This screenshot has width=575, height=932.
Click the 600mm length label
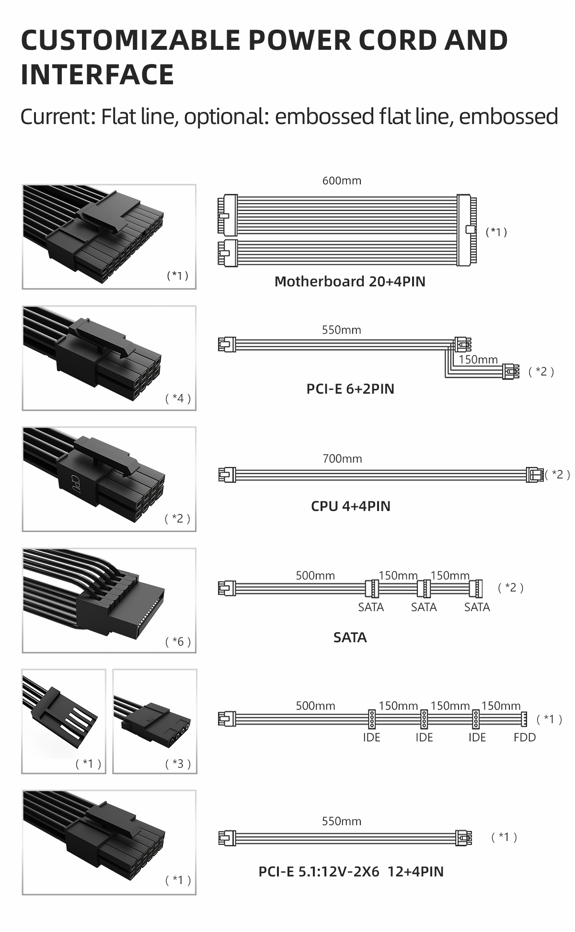pos(342,181)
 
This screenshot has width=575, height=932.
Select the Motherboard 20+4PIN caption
pos(350,281)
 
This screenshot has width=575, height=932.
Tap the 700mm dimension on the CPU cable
pos(342,459)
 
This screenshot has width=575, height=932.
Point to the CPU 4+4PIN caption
pos(351,506)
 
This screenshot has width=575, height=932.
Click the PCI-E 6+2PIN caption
pos(350,388)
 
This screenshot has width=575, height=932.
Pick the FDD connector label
pos(525,737)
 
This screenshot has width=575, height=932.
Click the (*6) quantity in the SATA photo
pos(178,641)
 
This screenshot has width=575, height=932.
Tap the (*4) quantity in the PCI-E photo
pos(178,398)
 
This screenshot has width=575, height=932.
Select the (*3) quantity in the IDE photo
pos(178,763)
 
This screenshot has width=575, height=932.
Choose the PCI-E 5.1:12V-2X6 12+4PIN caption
pos(351,871)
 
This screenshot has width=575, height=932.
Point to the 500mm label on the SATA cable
pos(315,575)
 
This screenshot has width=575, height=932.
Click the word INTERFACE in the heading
pos(97,74)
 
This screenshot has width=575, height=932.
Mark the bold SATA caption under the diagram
pos(350,637)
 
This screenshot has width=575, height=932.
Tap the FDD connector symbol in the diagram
pos(524,718)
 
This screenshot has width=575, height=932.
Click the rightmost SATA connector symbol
pos(477,588)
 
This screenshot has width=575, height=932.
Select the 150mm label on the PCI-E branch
pos(478,359)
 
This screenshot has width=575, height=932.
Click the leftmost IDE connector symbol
pos(371,718)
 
